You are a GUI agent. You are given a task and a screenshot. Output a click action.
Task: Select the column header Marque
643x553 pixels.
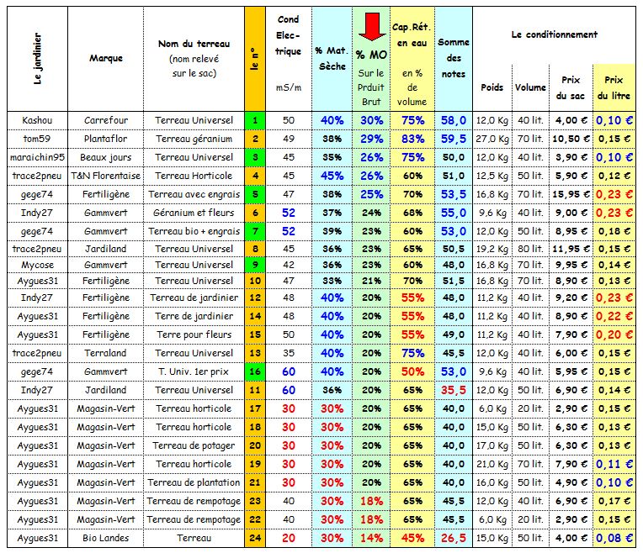click(106, 58)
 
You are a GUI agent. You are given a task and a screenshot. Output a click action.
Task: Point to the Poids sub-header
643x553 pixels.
click(492, 87)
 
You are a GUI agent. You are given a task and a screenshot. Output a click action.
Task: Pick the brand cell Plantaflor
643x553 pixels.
click(106, 139)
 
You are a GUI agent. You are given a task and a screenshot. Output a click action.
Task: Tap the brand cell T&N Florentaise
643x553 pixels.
click(106, 176)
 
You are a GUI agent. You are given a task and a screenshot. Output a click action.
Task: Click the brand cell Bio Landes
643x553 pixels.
click(106, 538)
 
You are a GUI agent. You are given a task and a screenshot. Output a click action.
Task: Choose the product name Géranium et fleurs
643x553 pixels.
click(194, 213)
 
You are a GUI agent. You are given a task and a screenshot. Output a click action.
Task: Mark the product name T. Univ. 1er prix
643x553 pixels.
click(194, 371)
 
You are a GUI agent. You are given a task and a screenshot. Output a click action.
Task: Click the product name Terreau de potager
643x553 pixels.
click(194, 445)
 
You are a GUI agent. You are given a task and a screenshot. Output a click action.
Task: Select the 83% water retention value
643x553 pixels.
click(412, 139)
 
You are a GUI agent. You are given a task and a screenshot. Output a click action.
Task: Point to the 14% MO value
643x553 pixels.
click(371, 538)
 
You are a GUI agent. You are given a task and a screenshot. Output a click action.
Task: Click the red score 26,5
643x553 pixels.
click(453, 538)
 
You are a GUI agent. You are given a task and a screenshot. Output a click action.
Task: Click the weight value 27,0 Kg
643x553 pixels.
click(492, 139)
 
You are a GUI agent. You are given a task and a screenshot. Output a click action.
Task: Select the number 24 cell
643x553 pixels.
click(255, 538)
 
